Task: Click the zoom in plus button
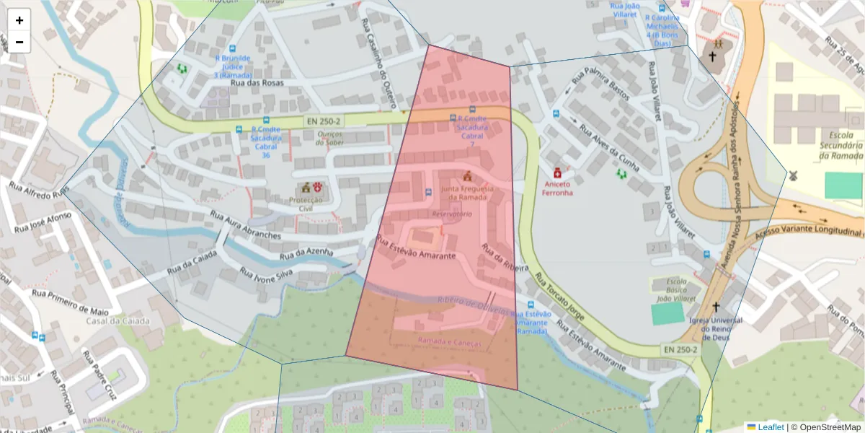click(19, 20)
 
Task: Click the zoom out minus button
click(19, 42)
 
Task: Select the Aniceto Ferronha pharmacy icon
click(556, 174)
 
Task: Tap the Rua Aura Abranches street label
click(245, 224)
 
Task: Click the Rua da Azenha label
click(306, 253)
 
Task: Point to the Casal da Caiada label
click(118, 320)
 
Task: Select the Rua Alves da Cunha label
click(608, 148)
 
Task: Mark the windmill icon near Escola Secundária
click(791, 175)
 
